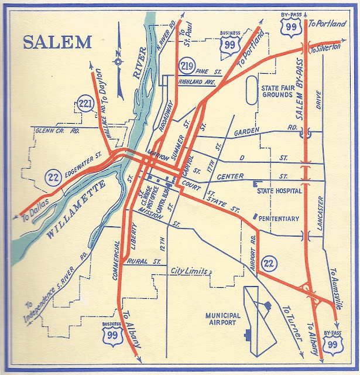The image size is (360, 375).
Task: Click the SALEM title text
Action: tap(57, 42)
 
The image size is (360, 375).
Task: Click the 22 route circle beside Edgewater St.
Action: tap(53, 175)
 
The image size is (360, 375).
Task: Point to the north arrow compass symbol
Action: tap(119, 60)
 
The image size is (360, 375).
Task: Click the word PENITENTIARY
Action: tap(279, 219)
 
